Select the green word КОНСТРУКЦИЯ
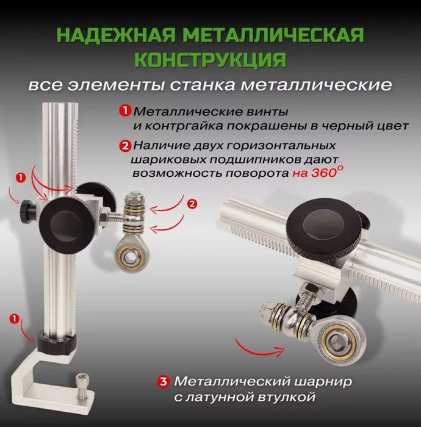(x=210, y=59)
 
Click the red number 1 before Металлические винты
(x=125, y=111)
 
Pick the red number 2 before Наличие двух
(x=125, y=146)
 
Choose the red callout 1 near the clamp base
(x=14, y=318)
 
